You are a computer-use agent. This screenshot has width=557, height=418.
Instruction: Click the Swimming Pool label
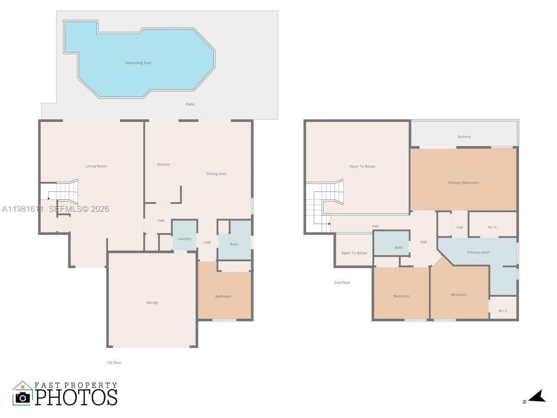[138, 63]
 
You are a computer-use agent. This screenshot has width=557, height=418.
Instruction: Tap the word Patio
[190, 104]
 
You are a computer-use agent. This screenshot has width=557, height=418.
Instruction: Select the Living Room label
[96, 166]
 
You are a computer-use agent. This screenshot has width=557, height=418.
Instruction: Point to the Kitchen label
[164, 165]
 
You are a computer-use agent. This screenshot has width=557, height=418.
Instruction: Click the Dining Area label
[216, 174]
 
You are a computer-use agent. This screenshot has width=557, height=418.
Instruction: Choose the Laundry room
[185, 239]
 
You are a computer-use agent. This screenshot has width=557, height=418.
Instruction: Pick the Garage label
[152, 303]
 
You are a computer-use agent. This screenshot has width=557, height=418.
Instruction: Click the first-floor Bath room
[234, 244]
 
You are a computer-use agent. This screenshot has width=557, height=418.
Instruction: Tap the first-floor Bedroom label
[223, 297]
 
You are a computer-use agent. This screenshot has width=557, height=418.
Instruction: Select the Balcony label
[464, 137]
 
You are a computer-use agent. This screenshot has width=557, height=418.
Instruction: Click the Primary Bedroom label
[463, 183]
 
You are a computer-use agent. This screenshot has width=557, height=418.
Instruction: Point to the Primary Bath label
[478, 253]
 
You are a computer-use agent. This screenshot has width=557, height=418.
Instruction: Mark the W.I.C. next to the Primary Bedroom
[493, 227]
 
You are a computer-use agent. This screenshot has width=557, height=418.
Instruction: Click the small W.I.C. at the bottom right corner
[503, 311]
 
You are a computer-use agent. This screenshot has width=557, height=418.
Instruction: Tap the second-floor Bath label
[399, 248]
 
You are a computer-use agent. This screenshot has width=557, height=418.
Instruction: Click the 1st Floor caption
[114, 363]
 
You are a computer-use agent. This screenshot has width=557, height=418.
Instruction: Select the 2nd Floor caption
[342, 283]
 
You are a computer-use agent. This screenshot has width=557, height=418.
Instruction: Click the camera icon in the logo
[22, 397]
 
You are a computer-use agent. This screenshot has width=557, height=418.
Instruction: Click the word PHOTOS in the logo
[76, 397]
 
